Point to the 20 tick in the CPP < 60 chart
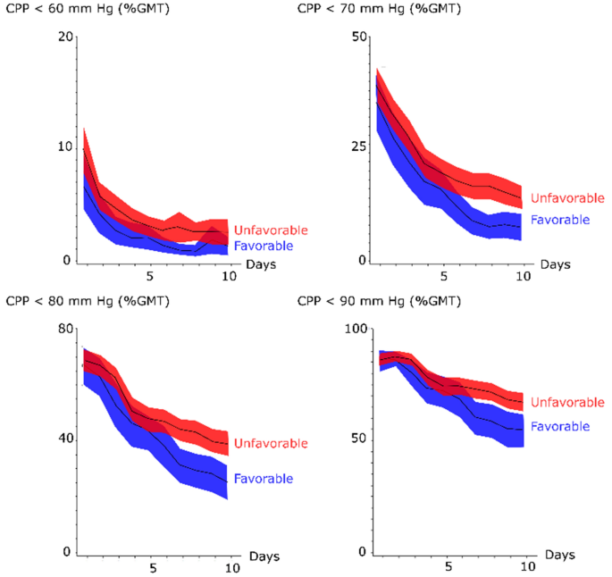(x=63, y=37)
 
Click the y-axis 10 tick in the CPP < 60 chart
(x=63, y=146)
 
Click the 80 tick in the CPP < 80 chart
(x=63, y=329)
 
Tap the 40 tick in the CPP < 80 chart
(x=63, y=439)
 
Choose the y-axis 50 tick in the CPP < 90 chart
(x=361, y=439)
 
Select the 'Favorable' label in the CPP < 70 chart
(x=560, y=220)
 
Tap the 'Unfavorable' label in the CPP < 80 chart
(x=271, y=443)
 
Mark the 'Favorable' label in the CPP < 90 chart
(x=560, y=427)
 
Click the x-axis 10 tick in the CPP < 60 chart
(x=229, y=276)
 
